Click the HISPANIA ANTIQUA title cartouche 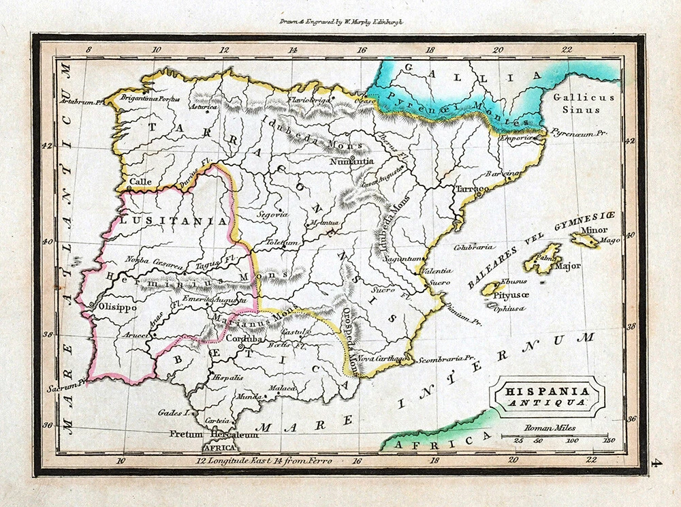(x=547, y=396)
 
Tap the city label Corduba (x=244, y=339)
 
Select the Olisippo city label (x=118, y=307)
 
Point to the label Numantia (x=351, y=162)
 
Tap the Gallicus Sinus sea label (x=583, y=103)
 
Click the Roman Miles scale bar (x=554, y=436)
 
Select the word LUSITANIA (x=174, y=221)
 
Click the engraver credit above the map (x=341, y=21)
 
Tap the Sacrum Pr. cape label (x=63, y=386)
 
